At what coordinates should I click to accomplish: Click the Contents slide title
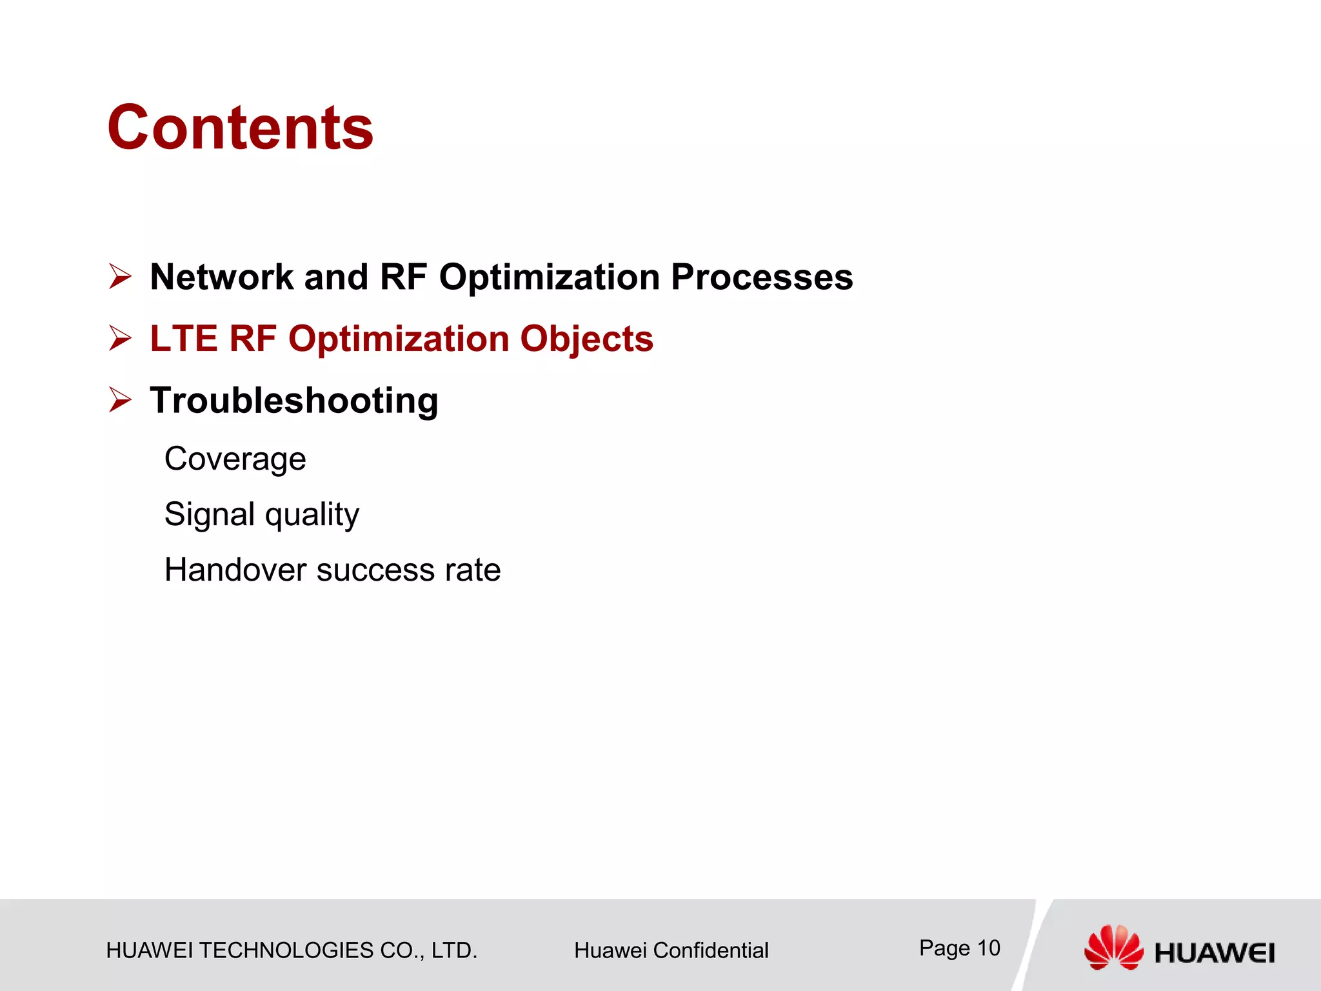(x=240, y=128)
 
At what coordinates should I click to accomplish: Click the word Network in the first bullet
(x=221, y=277)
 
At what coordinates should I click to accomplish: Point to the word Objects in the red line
(x=586, y=339)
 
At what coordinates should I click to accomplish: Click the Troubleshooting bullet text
(x=294, y=400)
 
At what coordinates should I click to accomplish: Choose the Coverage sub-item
(x=235, y=459)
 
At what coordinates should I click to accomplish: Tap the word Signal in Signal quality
(x=210, y=515)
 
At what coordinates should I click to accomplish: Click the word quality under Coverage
(x=312, y=515)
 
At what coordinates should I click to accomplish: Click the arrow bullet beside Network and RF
(x=120, y=277)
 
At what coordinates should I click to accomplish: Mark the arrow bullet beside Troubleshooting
(x=120, y=400)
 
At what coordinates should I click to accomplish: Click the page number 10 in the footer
(x=989, y=948)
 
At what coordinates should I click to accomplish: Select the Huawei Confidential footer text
(x=671, y=950)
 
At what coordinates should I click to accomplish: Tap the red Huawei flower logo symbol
(x=1113, y=948)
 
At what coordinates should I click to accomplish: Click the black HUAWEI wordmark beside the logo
(x=1214, y=953)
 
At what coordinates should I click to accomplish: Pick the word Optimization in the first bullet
(x=550, y=277)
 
